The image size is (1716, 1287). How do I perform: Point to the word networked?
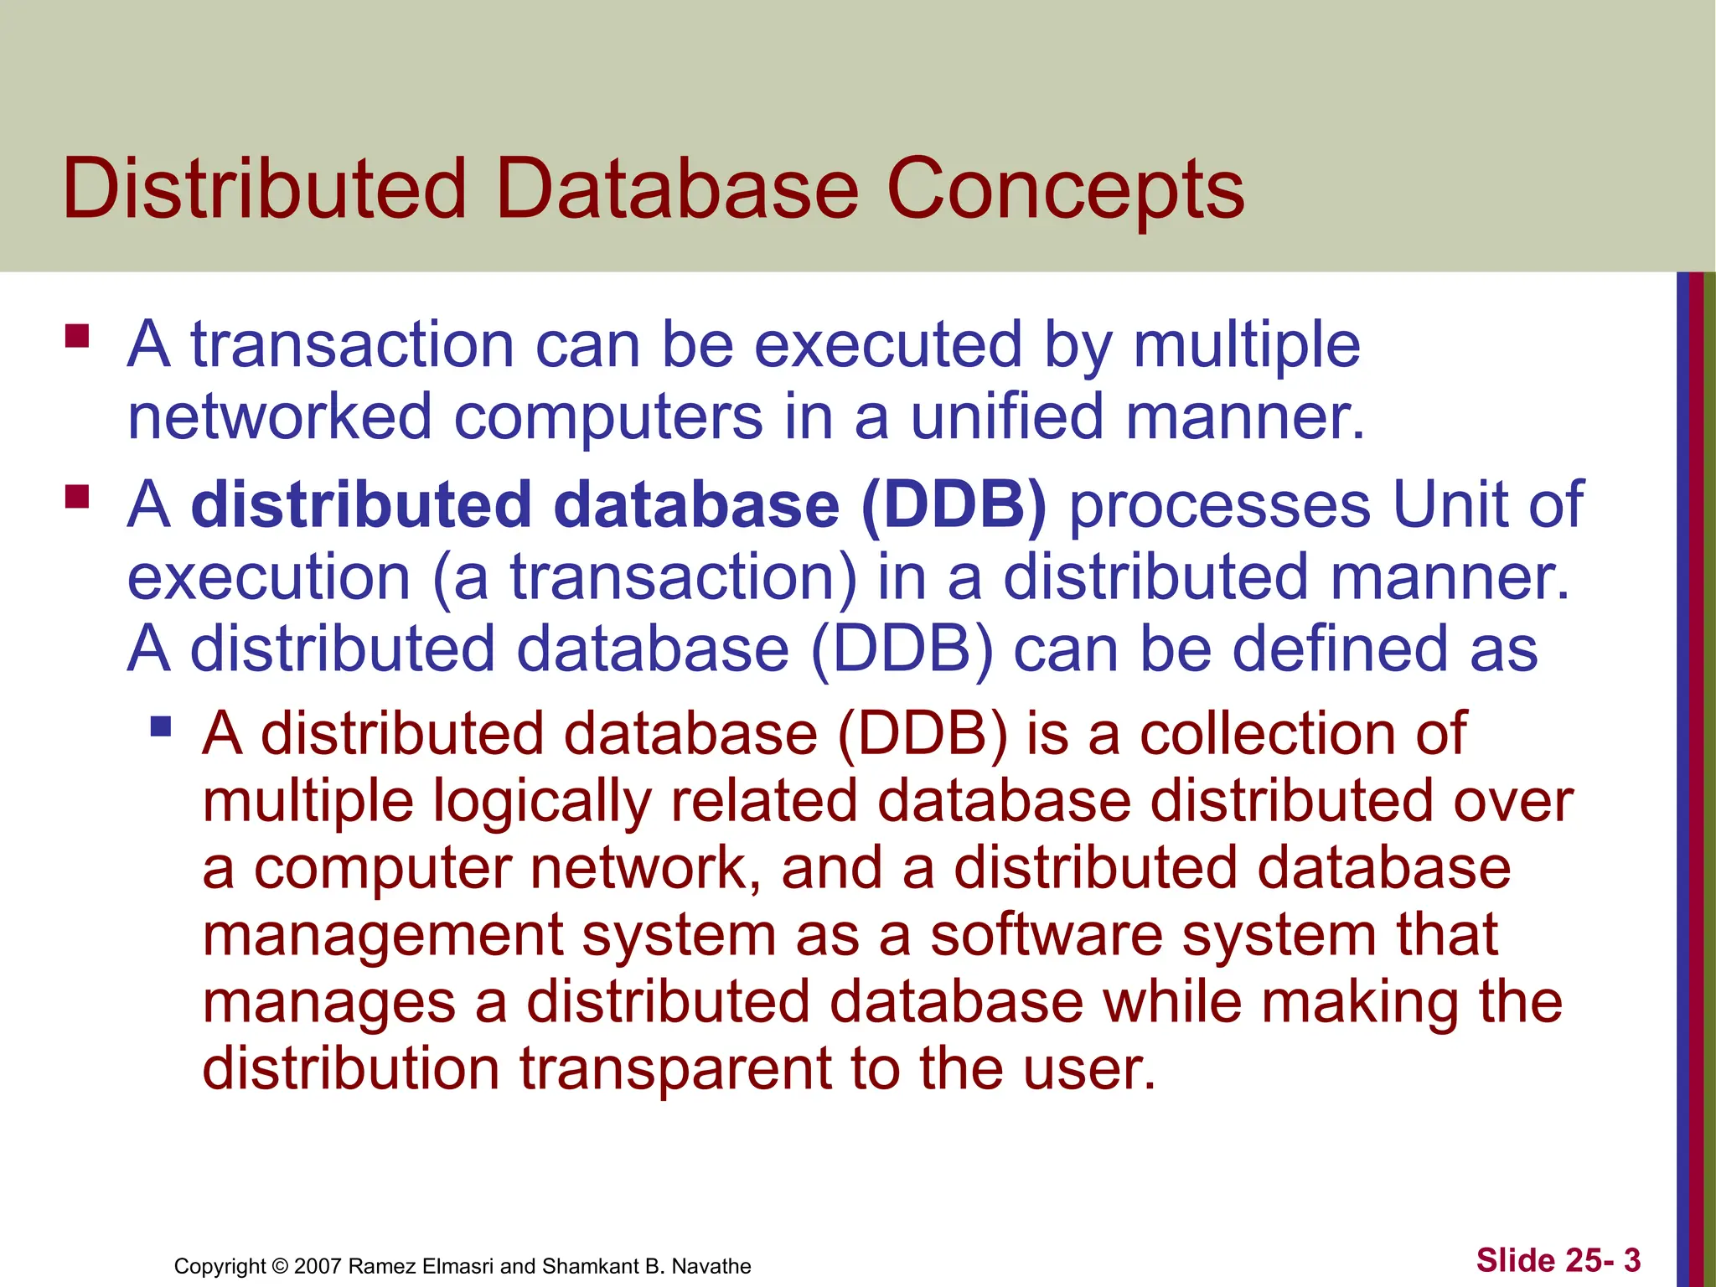click(x=280, y=416)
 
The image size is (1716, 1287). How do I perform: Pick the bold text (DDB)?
click(x=954, y=505)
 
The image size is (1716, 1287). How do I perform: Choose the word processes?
click(x=1221, y=505)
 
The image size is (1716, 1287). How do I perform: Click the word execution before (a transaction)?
click(x=269, y=577)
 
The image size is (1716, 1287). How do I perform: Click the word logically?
click(x=541, y=801)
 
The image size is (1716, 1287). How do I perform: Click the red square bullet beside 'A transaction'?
click(x=77, y=336)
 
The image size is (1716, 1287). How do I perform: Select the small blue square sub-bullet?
click(x=161, y=725)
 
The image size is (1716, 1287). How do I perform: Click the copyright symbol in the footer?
click(x=281, y=1266)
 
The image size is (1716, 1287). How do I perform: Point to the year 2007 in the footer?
click(x=318, y=1266)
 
